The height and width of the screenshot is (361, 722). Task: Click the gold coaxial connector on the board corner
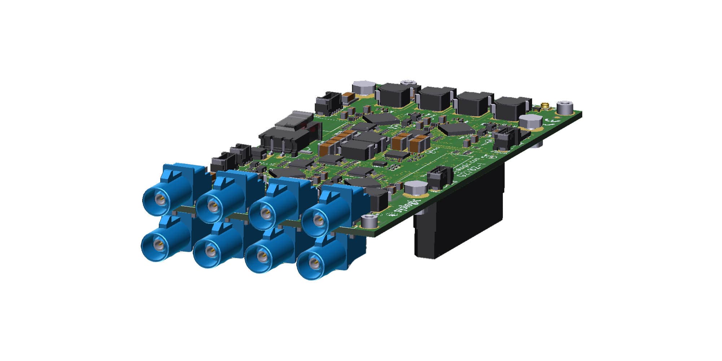coord(545,106)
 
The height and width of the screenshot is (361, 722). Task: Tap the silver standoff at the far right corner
coord(564,107)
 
